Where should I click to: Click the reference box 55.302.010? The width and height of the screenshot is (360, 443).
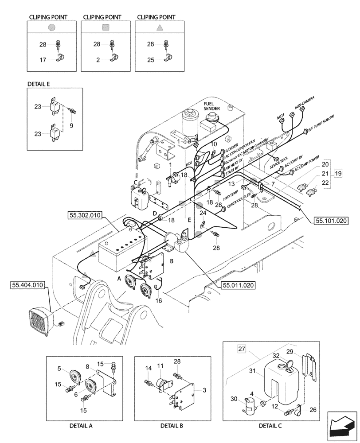pyautogui.click(x=85, y=215)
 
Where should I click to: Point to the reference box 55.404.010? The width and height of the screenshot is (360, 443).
pyautogui.click(x=26, y=286)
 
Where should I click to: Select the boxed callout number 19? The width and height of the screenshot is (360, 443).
pyautogui.click(x=338, y=173)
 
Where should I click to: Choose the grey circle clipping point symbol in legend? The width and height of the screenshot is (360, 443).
pyautogui.click(x=52, y=27)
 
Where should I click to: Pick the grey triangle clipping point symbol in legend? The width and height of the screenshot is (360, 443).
pyautogui.click(x=160, y=27)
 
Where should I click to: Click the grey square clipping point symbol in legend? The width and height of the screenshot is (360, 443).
pyautogui.click(x=106, y=27)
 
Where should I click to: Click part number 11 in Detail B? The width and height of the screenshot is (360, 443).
pyautogui.click(x=161, y=366)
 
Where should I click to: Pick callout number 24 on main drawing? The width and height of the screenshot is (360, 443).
pyautogui.click(x=203, y=213)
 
